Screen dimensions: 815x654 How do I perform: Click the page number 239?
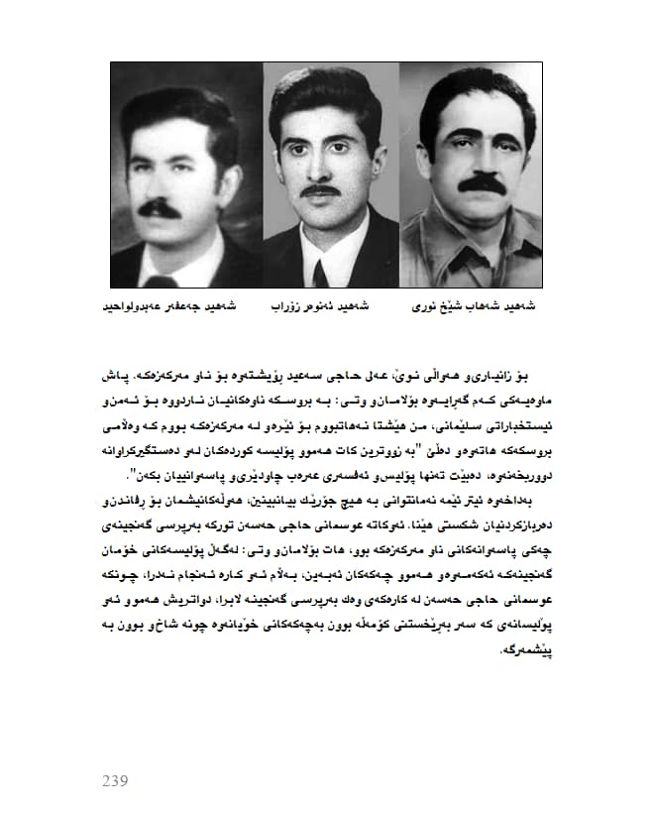tap(115, 780)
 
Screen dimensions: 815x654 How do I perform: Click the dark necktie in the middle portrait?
tap(321, 271)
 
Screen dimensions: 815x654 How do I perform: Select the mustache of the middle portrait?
tap(323, 189)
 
